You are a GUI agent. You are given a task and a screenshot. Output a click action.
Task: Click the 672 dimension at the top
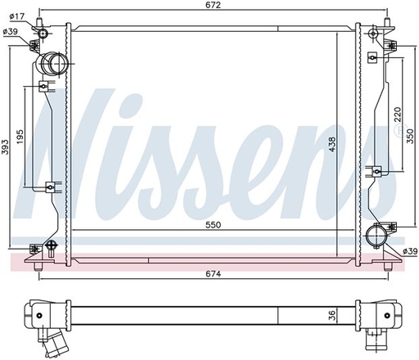(x=213, y=5)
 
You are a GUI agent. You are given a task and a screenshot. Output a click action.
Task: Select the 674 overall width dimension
(x=213, y=273)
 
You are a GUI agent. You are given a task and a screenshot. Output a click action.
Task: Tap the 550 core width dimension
(x=213, y=225)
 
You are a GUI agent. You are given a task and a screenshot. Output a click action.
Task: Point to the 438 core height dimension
(x=332, y=145)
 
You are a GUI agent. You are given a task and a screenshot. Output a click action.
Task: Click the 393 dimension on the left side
(x=6, y=147)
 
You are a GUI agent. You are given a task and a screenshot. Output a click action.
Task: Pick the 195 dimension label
(x=20, y=137)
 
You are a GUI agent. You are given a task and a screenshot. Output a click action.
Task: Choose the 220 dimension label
(x=398, y=115)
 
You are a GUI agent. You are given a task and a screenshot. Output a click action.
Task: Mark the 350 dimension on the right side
(x=411, y=136)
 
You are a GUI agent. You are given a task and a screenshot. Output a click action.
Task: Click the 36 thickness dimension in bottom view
(x=332, y=316)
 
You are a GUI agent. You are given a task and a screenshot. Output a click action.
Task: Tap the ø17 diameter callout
(x=16, y=17)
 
